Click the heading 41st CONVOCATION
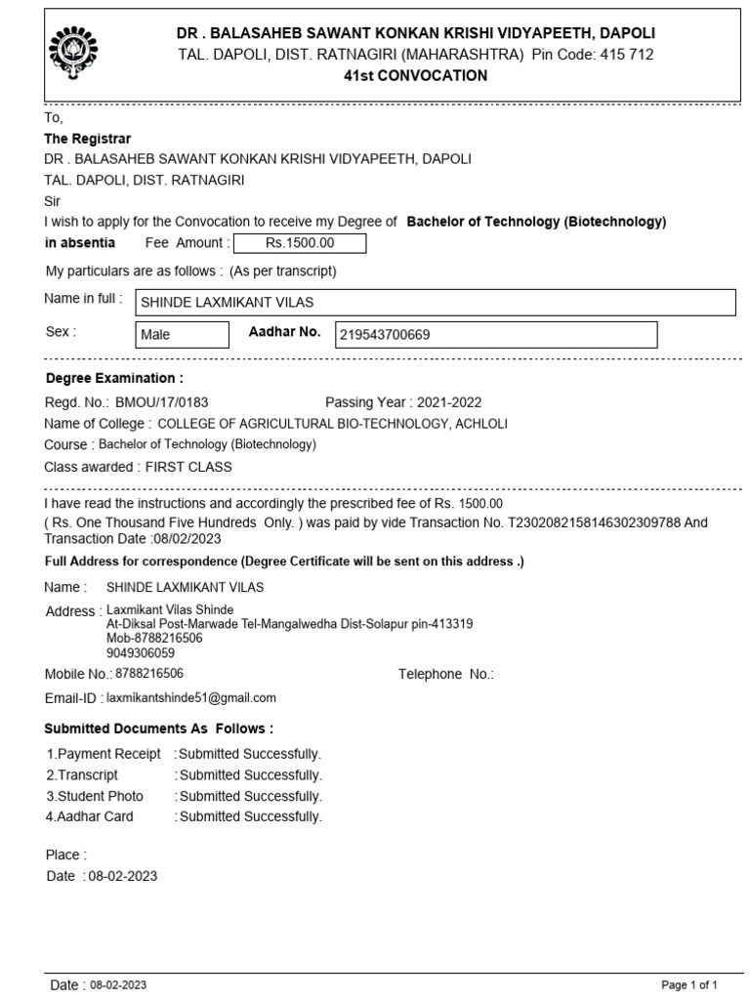click(415, 76)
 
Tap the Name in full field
click(434, 303)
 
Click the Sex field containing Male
click(181, 335)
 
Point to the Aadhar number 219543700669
click(385, 335)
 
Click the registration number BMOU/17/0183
click(162, 401)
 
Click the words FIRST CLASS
click(188, 467)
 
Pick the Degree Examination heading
click(114, 378)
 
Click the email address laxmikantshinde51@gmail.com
click(191, 697)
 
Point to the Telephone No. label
click(446, 674)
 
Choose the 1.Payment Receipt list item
click(104, 754)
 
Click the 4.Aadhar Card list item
click(90, 816)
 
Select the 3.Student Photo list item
click(95, 796)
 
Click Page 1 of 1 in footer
click(690, 984)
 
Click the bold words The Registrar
click(88, 139)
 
